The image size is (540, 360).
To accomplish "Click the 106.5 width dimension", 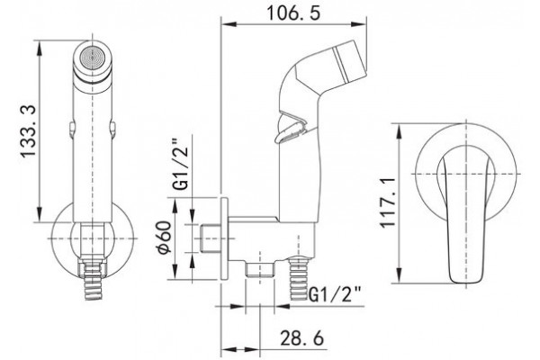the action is [x=293, y=13].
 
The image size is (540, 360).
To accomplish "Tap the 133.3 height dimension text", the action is [x=28, y=131].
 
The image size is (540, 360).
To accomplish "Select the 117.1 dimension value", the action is [x=387, y=202].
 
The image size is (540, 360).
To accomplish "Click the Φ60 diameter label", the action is [x=164, y=238].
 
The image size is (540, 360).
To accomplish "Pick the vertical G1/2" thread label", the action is [x=181, y=164].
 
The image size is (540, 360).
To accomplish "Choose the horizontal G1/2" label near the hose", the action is [x=335, y=294].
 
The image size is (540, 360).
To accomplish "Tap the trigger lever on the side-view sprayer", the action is [x=290, y=129].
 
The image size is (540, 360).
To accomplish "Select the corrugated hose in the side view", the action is [x=299, y=278].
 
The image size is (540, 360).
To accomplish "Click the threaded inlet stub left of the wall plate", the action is [x=210, y=238].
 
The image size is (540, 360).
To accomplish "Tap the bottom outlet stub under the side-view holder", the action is [x=260, y=269].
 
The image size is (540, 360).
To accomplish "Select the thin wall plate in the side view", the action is [x=224, y=238].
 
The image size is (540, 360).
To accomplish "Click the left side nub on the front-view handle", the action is [x=71, y=130].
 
